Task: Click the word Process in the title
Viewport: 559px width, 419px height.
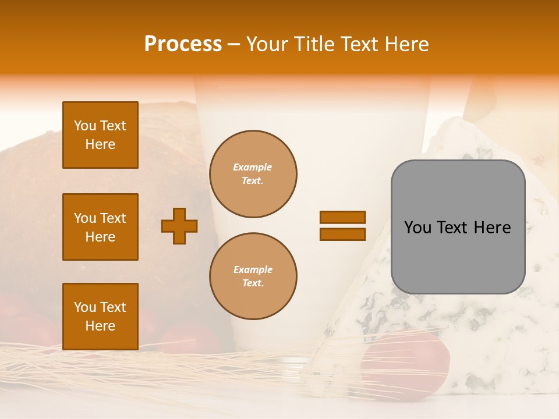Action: coord(183,44)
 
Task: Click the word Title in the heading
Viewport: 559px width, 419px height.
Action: coord(312,44)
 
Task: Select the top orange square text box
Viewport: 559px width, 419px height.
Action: coord(100,135)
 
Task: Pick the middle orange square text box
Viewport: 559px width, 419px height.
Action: coord(100,227)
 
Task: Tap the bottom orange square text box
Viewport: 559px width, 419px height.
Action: coord(100,317)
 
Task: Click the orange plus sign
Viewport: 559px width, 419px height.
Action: coord(179,226)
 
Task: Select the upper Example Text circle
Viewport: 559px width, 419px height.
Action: coord(253,174)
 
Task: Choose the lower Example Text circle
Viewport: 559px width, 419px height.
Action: coord(253,276)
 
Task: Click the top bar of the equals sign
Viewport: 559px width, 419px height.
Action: coord(342,218)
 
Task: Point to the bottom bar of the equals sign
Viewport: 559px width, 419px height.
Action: coord(342,234)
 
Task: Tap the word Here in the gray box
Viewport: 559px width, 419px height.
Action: coord(492,228)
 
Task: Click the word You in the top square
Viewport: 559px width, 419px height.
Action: coord(85,126)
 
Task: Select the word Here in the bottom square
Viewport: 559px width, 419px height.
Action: coord(100,326)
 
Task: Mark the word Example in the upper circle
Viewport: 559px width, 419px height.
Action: coord(252,168)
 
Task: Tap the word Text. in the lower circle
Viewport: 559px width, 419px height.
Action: coord(253,283)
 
